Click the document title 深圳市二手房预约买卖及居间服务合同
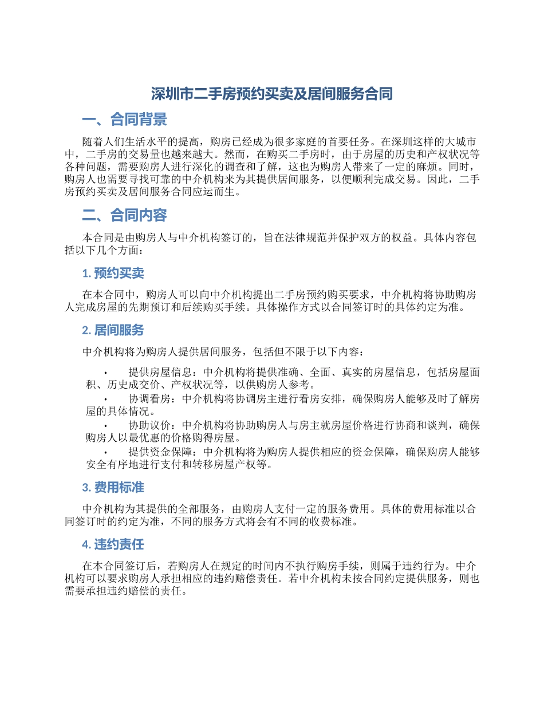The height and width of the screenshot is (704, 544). click(271, 94)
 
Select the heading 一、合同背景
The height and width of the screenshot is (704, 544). click(124, 120)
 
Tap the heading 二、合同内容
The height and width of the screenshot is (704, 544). click(124, 215)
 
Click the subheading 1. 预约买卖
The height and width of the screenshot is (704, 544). click(113, 274)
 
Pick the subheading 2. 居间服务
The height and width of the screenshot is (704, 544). click(113, 330)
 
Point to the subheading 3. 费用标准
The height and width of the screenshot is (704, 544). click(113, 488)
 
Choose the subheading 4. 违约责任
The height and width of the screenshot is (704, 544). click(113, 544)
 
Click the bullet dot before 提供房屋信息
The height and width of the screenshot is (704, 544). click(106, 373)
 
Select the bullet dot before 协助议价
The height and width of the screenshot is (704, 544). click(106, 426)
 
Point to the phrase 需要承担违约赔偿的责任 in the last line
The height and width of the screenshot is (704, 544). click(124, 591)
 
